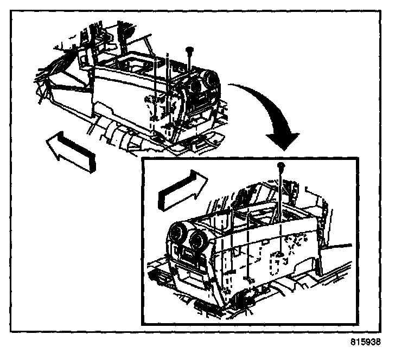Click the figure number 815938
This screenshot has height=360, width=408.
(365, 342)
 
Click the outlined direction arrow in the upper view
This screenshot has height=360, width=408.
(71, 152)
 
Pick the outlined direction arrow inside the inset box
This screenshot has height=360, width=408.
(182, 191)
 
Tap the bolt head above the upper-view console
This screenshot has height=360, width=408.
(189, 50)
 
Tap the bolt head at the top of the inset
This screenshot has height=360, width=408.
(280, 165)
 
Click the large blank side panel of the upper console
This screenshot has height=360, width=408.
(122, 96)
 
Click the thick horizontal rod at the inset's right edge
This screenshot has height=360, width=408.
(337, 246)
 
